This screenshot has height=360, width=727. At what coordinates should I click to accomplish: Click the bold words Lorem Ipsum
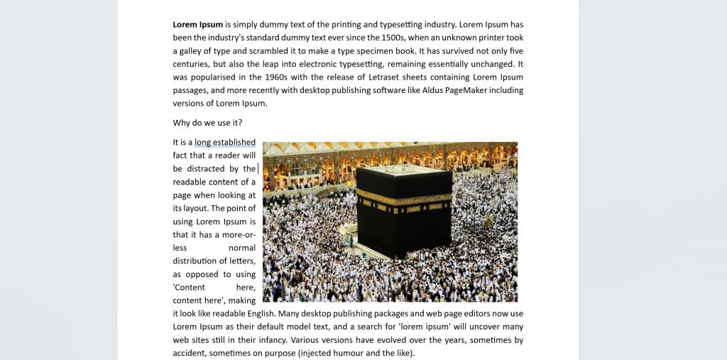pyautogui.click(x=197, y=24)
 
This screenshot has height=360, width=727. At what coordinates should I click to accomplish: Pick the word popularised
pyautogui.click(x=212, y=77)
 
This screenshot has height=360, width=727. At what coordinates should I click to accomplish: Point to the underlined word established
pyautogui.click(x=235, y=142)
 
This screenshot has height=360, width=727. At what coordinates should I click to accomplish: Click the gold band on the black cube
pyautogui.click(x=403, y=198)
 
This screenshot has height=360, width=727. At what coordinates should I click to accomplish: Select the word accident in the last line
pyautogui.click(x=190, y=353)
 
